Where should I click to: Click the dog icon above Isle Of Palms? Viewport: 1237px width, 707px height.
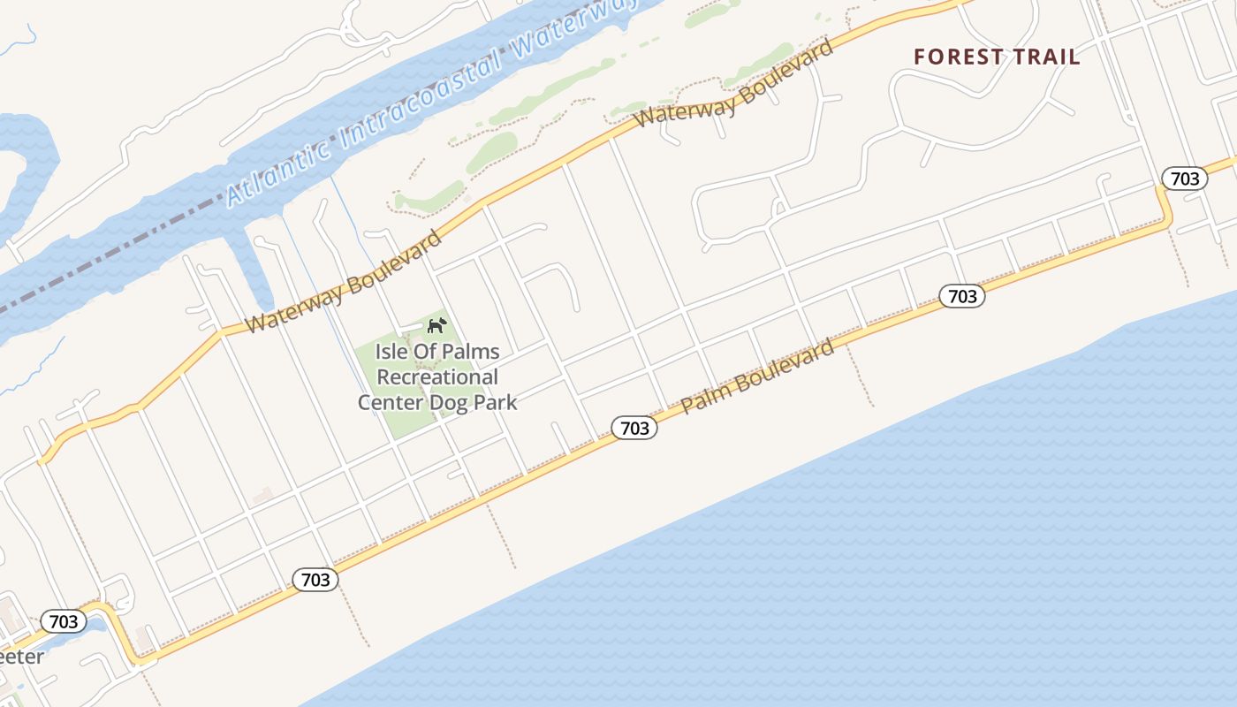tap(436, 326)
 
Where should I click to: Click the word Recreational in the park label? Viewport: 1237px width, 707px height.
tap(437, 377)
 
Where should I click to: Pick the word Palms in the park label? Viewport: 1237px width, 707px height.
tap(473, 352)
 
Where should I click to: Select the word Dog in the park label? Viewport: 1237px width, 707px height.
tap(450, 403)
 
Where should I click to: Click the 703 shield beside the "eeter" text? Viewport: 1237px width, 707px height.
tap(64, 621)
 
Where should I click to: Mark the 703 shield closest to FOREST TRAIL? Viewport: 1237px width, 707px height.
tap(1184, 179)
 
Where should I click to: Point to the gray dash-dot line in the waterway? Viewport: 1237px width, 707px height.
tap(133, 256)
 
